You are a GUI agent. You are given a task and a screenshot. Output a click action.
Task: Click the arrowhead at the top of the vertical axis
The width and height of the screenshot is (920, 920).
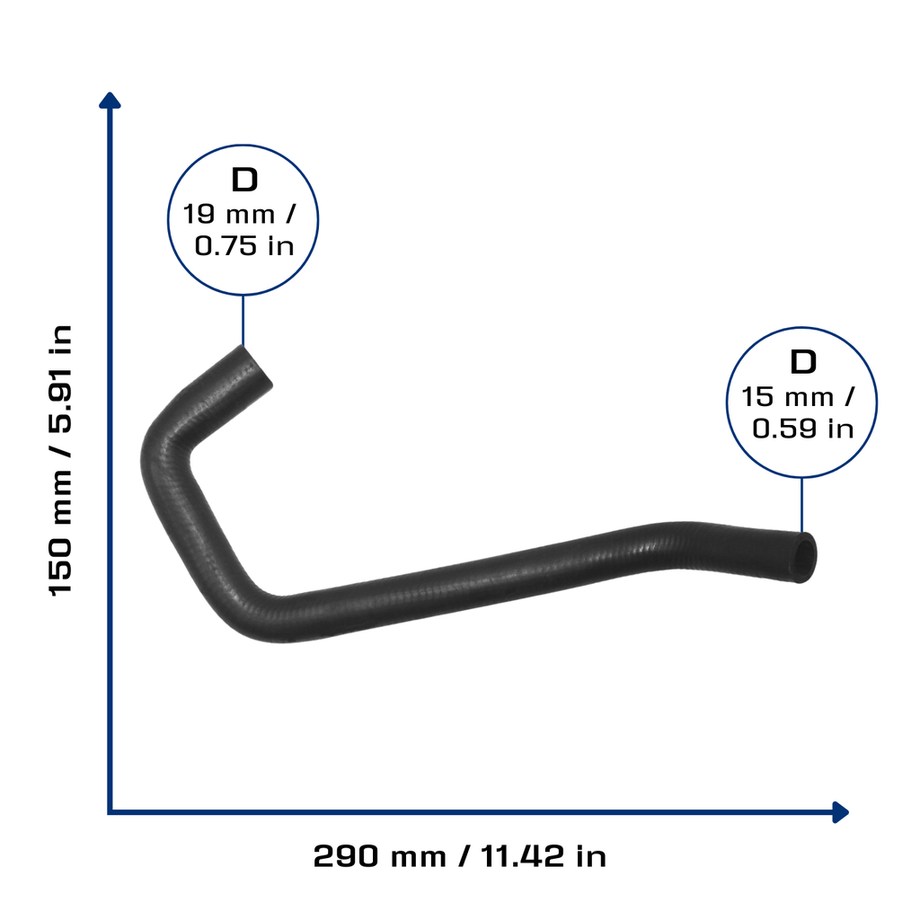click(x=110, y=101)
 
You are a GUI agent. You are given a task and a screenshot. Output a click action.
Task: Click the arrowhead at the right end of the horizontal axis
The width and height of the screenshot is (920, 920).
click(x=840, y=812)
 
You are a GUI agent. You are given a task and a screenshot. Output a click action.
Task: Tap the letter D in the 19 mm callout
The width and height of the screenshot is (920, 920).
click(x=244, y=180)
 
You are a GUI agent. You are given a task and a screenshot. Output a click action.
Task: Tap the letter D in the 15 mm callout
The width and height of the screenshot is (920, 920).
click(x=803, y=362)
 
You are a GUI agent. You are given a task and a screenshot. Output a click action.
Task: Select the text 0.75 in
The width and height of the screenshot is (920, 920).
click(x=244, y=246)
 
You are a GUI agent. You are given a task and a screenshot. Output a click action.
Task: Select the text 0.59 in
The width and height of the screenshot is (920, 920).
click(x=802, y=429)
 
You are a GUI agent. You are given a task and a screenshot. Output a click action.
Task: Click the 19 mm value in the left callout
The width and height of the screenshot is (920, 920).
click(x=229, y=214)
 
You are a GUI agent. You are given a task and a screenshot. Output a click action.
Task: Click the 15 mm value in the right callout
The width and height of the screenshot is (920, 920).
click(x=787, y=396)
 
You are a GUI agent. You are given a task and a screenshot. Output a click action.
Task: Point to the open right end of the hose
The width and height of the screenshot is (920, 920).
click(x=804, y=557)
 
